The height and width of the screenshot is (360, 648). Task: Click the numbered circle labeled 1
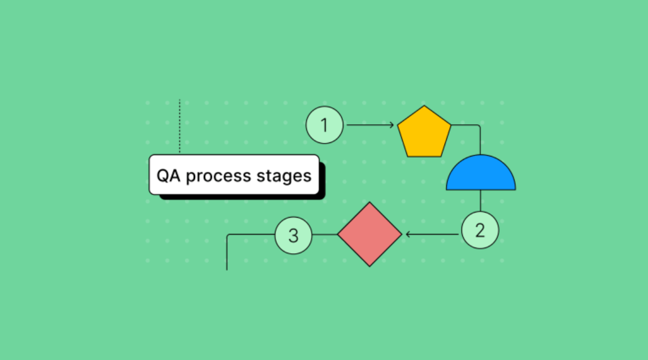pos(324,125)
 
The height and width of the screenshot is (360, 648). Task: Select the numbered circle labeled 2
pos(480,230)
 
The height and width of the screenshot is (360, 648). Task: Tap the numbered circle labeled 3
pos(293,236)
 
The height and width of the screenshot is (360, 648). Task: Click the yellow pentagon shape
pos(424,132)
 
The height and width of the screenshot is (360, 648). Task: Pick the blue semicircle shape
pos(481,174)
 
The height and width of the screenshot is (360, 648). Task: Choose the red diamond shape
pos(369,235)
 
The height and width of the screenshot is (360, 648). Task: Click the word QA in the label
pos(168,176)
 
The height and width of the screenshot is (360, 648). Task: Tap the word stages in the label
pos(284,177)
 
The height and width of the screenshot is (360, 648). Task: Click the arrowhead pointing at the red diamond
pos(408,235)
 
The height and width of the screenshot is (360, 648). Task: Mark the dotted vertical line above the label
pos(180,126)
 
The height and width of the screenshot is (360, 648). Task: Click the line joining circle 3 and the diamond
pos(325,235)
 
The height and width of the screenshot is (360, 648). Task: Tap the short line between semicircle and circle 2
pos(480,201)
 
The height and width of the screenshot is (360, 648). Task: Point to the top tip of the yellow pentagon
pos(424,106)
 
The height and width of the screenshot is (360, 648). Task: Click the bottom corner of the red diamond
pos(369,266)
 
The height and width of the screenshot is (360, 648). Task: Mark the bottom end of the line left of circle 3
pos(227,270)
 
